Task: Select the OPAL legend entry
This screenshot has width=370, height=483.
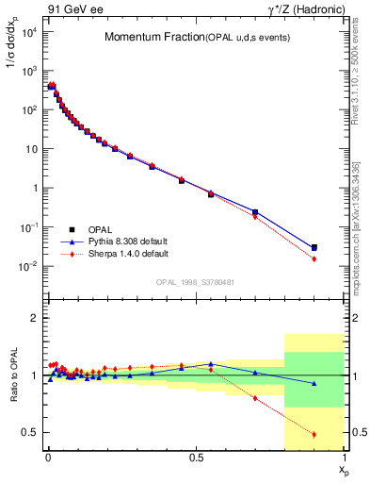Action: tap(104, 229)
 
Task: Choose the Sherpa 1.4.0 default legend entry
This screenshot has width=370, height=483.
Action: tap(129, 254)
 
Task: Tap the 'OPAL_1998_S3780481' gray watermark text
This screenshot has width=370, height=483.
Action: tap(196, 281)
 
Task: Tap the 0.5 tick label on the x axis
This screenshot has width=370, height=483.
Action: tap(196, 458)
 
